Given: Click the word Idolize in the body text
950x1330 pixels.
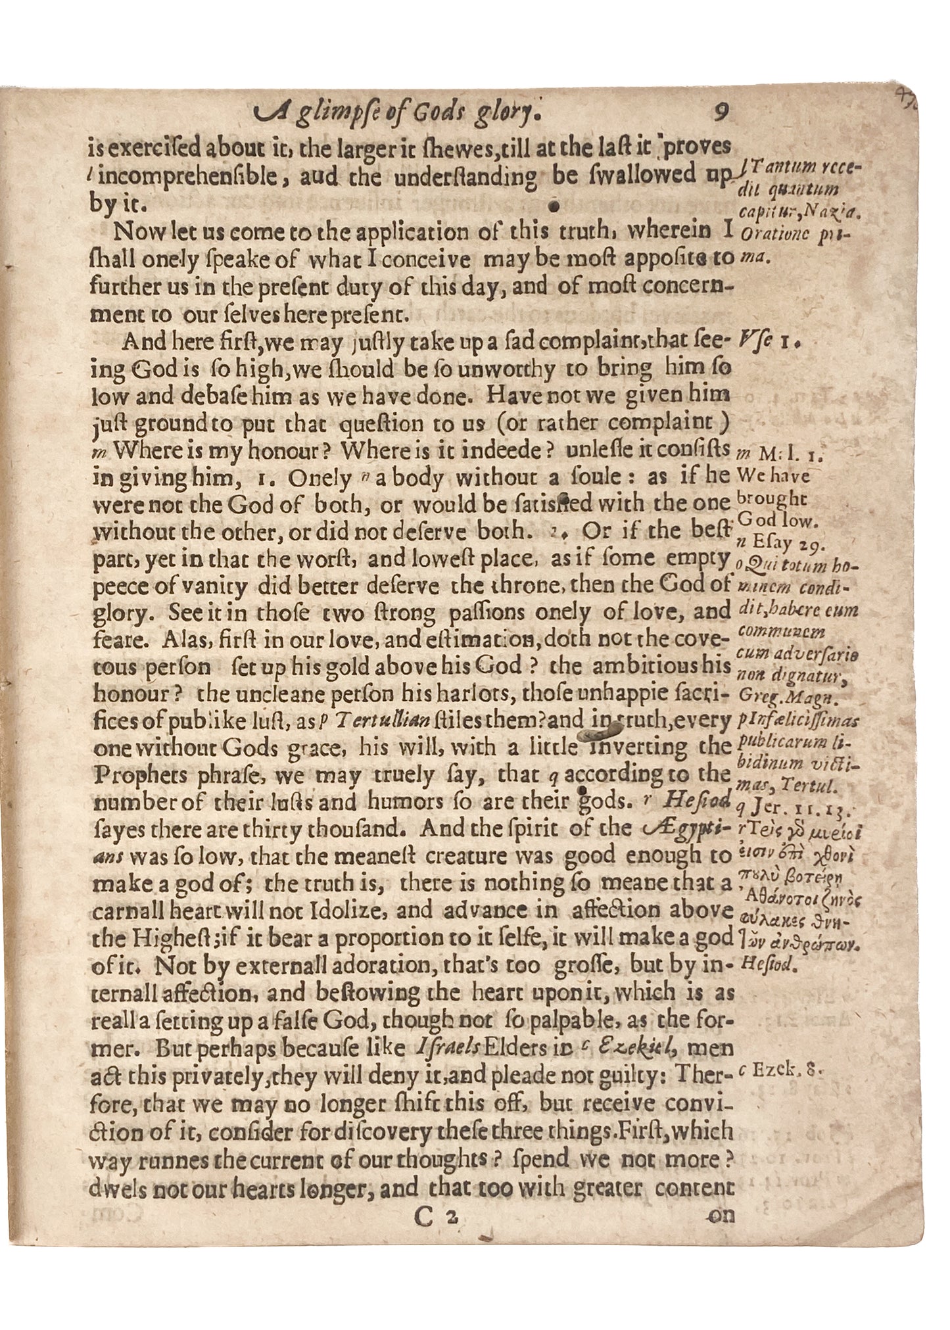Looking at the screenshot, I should pyautogui.click(x=389, y=911).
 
